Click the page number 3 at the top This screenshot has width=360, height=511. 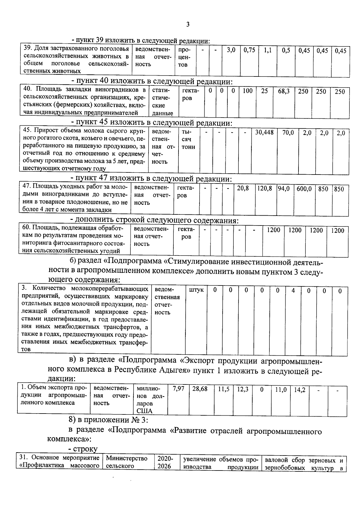tap(188, 25)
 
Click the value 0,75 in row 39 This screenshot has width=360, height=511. tap(249, 50)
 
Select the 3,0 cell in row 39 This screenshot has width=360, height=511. tap(231, 50)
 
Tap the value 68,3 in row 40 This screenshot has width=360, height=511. tap(283, 91)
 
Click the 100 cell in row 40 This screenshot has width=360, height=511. tap(247, 91)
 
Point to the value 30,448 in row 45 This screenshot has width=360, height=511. tap(264, 132)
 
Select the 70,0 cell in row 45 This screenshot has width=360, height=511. tap(288, 133)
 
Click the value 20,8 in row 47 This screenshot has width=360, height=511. tap(243, 189)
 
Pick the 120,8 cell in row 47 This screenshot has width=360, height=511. tap(265, 189)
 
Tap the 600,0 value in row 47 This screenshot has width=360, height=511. tap(304, 189)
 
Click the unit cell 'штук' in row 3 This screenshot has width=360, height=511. tap(196, 290)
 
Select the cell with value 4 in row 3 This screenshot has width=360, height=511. tap(293, 290)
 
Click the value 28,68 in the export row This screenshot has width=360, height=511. tap(200, 389)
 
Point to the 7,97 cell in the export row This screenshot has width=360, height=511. tap(178, 389)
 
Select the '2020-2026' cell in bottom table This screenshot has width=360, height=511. tap(165, 471)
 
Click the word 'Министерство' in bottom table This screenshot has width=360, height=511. tap(127, 467)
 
